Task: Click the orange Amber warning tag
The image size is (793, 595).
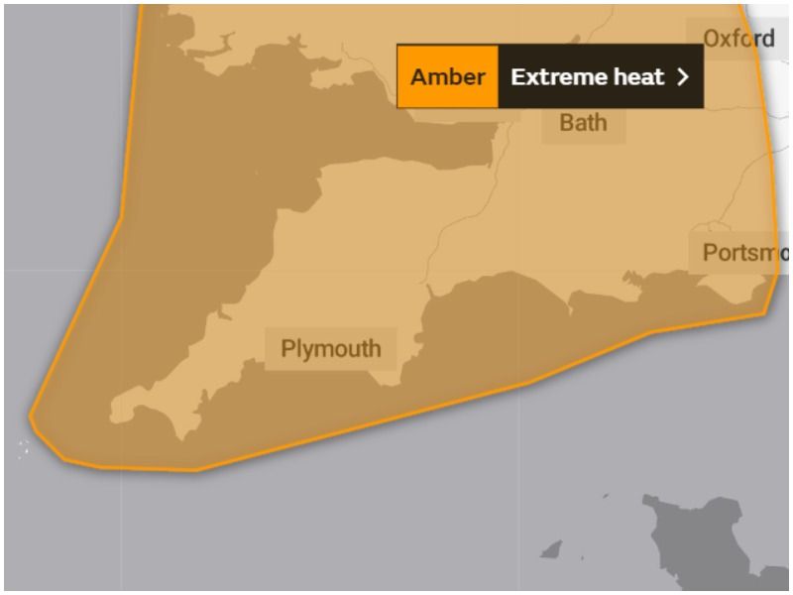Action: tap(447, 76)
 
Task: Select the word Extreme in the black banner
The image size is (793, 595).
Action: tap(551, 76)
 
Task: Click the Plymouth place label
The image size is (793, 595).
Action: tap(330, 349)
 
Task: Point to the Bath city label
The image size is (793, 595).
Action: tap(583, 123)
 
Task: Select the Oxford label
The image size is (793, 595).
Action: tap(738, 39)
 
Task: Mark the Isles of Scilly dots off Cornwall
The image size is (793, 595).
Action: tap(23, 449)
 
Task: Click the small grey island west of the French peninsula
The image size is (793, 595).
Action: tap(551, 548)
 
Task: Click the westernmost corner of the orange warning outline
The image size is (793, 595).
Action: tap(31, 417)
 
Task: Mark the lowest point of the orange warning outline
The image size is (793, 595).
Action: tap(194, 470)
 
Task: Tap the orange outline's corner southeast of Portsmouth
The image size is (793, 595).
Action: tap(764, 313)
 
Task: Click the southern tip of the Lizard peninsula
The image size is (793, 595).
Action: tap(183, 437)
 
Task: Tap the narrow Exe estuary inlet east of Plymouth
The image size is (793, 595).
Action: tap(430, 291)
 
